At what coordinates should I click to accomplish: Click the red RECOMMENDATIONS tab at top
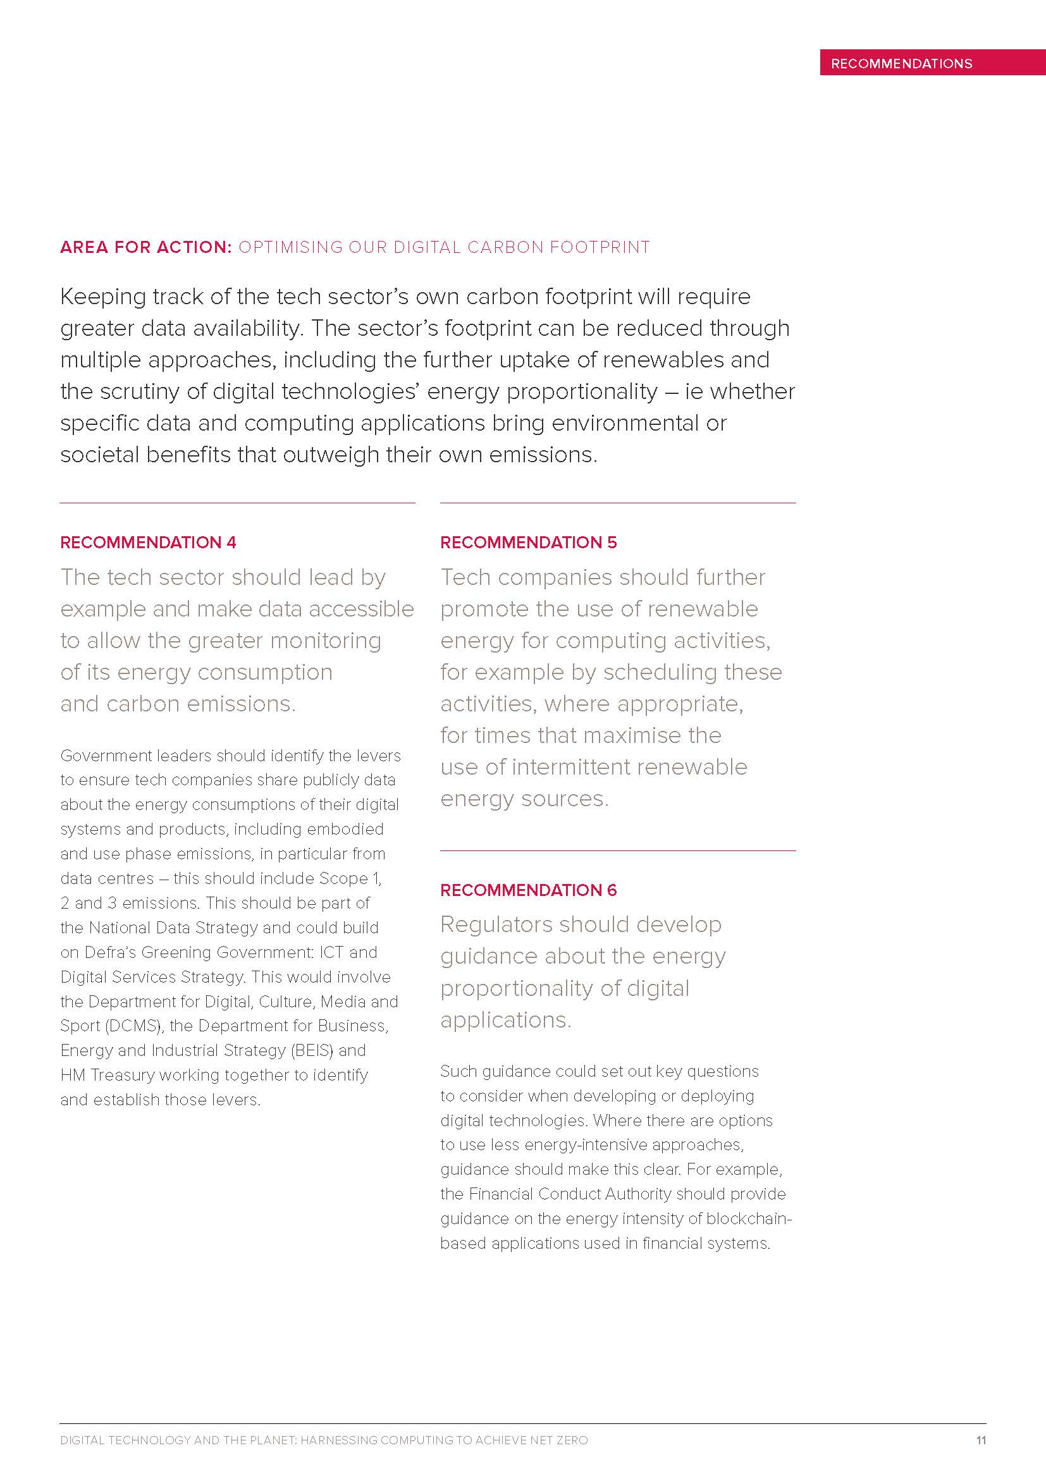pos(901,63)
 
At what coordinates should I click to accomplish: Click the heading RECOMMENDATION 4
pos(148,543)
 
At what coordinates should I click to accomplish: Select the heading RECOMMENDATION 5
pos(528,543)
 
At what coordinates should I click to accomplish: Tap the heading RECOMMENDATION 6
pos(528,890)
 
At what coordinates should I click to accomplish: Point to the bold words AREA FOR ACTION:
pos(146,247)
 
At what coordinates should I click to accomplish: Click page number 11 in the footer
pos(981,1440)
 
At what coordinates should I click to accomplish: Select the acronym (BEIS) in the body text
pos(312,1050)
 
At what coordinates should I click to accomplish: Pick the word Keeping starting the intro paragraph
pos(102,297)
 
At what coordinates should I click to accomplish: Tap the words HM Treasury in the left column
pos(108,1074)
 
